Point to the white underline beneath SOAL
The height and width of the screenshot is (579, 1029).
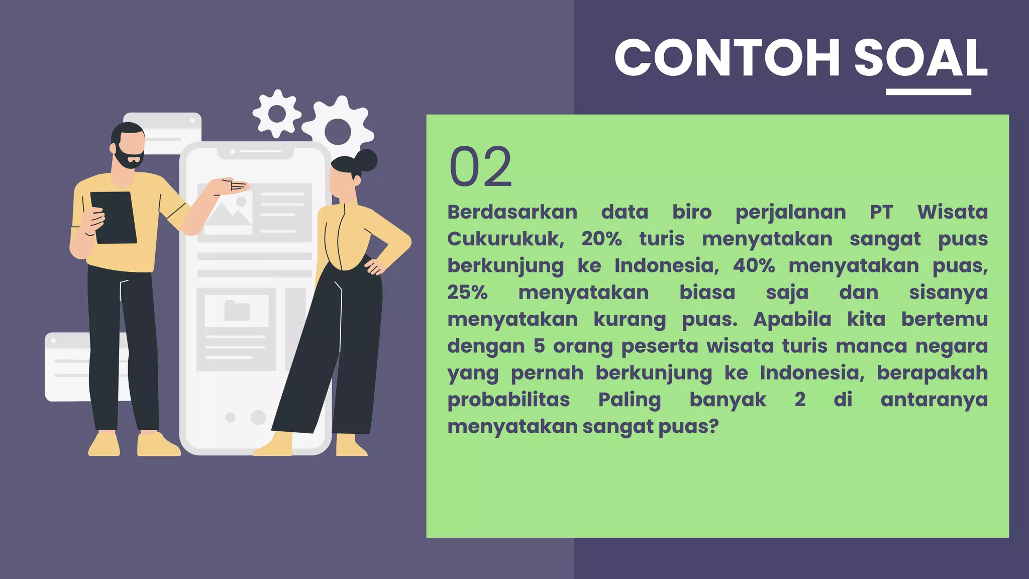pyautogui.click(x=929, y=92)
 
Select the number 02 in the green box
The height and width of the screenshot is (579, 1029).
pyautogui.click(x=480, y=167)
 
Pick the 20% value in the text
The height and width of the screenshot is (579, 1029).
pyautogui.click(x=601, y=239)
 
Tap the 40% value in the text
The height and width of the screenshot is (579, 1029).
pyautogui.click(x=754, y=266)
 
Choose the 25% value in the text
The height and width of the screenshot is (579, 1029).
pyautogui.click(x=467, y=293)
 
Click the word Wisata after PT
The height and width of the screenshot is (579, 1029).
pyautogui.click(x=952, y=212)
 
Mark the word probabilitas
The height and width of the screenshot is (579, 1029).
pyautogui.click(x=508, y=400)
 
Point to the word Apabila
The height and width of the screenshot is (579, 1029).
pyautogui.click(x=792, y=319)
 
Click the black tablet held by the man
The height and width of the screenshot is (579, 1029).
pyautogui.click(x=114, y=218)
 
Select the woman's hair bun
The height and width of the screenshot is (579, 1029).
pyautogui.click(x=366, y=160)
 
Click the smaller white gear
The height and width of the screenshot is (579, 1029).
pyautogui.click(x=276, y=114)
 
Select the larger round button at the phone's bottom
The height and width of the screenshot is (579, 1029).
pyautogui.click(x=258, y=417)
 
